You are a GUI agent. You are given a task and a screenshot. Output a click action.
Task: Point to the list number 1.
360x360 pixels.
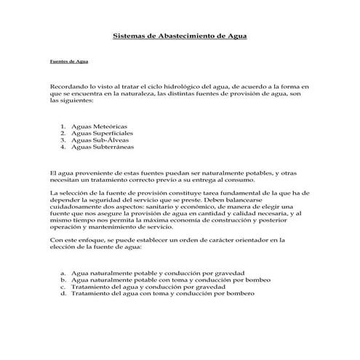click(63, 125)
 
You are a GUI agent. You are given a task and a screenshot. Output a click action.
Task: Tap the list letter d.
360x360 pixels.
click(63, 293)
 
